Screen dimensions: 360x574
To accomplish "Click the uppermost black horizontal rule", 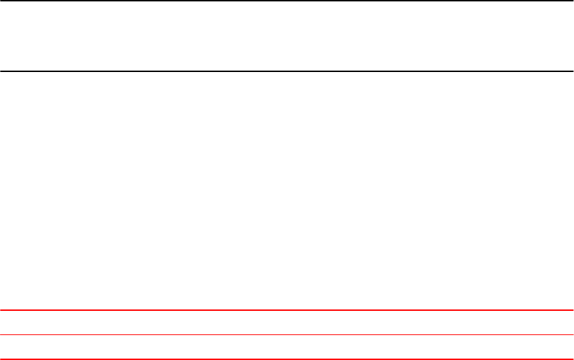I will pyautogui.click(x=287, y=1).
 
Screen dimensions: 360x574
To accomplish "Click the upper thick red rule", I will pyautogui.click(x=287, y=310).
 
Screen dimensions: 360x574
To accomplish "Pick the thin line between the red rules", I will pyautogui.click(x=287, y=335).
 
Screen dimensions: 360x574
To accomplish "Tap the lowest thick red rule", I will pyautogui.click(x=287, y=359).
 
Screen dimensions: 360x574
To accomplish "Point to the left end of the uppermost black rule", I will pyautogui.click(x=1, y=1).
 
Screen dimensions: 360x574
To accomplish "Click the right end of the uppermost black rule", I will pyautogui.click(x=572, y=1).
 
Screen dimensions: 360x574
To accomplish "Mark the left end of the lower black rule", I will pyautogui.click(x=1, y=71).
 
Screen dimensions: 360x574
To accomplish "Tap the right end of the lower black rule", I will pyautogui.click(x=572, y=71).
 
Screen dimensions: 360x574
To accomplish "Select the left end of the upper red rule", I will pyautogui.click(x=1, y=310).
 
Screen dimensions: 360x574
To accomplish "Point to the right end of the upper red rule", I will pyautogui.click(x=572, y=310).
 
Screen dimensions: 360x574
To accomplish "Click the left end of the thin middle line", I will pyautogui.click(x=1, y=335).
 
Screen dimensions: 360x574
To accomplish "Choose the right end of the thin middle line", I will pyautogui.click(x=572, y=335).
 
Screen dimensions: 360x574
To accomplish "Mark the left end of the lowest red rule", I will pyautogui.click(x=1, y=359).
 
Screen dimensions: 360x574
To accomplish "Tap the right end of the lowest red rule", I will pyautogui.click(x=572, y=359).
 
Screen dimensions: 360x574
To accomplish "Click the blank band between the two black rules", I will pyautogui.click(x=287, y=36).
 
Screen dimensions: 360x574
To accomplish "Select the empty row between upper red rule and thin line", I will pyautogui.click(x=287, y=323).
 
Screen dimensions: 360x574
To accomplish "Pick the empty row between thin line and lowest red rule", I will pyautogui.click(x=287, y=347).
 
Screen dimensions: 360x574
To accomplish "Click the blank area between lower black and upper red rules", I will pyautogui.click(x=287, y=190).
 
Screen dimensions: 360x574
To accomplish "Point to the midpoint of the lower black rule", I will pyautogui.click(x=287, y=71).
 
